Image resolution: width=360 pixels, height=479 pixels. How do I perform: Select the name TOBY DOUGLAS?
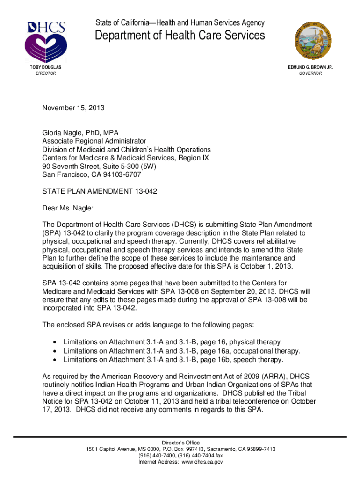tap(46, 68)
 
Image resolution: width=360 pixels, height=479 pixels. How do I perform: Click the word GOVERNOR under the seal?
tap(310, 74)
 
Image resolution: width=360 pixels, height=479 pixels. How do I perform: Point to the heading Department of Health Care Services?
tap(180, 36)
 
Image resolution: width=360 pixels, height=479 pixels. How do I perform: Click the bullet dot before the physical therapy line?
tap(55, 342)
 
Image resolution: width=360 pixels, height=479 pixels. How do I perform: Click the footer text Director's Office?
tap(180, 443)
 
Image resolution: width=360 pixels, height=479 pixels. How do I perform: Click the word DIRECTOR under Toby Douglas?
tap(46, 74)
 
